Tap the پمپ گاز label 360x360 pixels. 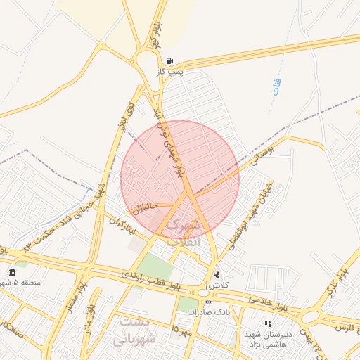tap(170, 72)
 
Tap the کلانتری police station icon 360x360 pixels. tap(216, 274)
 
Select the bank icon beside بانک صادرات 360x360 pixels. tap(207, 302)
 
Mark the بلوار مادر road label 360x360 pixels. tap(89, 318)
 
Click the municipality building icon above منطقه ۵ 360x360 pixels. tap(12, 272)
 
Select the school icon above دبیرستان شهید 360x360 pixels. tap(268, 323)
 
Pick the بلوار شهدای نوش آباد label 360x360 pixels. tap(172, 141)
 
